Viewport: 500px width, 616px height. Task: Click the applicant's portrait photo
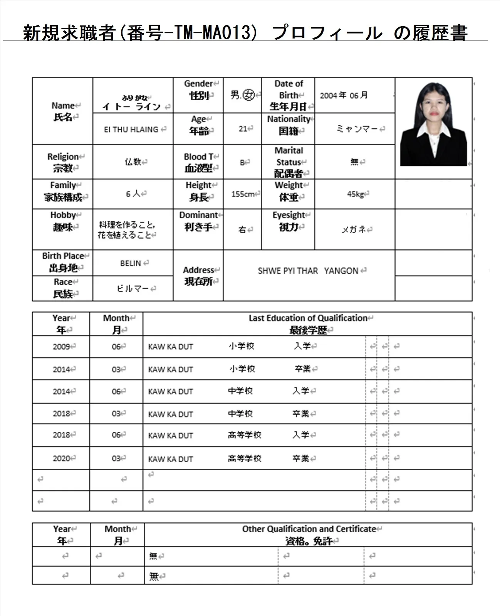[433, 124]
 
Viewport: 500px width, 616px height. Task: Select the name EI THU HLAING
[131, 130]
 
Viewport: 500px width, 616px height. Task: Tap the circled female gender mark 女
[248, 95]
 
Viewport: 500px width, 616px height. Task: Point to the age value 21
[243, 129]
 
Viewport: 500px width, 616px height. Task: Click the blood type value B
[243, 163]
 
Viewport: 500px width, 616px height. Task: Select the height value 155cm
[243, 194]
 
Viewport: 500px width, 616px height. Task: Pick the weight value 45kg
[355, 194]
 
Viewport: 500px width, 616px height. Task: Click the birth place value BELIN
[131, 263]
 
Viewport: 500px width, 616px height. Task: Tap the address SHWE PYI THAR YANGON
[308, 271]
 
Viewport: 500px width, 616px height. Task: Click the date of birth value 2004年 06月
[344, 95]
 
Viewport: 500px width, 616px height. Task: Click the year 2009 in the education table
[61, 347]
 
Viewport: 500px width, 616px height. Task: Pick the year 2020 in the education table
[61, 458]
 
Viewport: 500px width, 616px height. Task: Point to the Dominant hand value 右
[242, 230]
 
